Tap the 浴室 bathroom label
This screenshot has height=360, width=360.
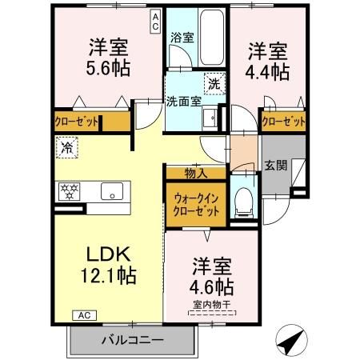pyautogui.click(x=182, y=38)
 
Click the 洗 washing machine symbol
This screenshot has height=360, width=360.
pyautogui.click(x=214, y=82)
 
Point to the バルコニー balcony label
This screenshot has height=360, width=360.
pyautogui.click(x=132, y=340)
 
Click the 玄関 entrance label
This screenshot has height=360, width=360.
pyautogui.click(x=274, y=166)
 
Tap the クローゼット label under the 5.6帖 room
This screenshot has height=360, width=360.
pyautogui.click(x=78, y=122)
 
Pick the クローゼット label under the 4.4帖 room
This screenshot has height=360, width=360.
pyautogui.click(x=284, y=122)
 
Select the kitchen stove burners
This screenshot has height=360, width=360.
pyautogui.click(x=70, y=191)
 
